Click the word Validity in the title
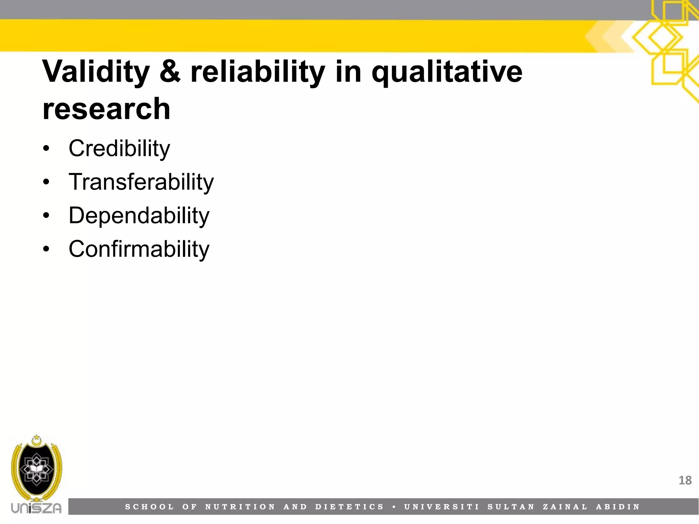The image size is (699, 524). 96,72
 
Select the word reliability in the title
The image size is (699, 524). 257,72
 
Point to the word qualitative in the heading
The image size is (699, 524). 447,72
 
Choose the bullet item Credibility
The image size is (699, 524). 119,149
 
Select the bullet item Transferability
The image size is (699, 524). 141,182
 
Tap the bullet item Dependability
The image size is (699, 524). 139,216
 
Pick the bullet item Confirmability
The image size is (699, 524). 139,249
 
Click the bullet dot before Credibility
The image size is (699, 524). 46,149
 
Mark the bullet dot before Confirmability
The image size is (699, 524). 46,249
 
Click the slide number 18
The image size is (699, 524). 685,480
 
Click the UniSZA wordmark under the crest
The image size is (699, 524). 36,508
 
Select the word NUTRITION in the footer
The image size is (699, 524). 240,507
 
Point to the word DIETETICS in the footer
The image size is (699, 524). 350,507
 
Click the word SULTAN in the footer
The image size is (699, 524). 511,507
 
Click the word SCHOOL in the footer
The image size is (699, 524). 149,507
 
